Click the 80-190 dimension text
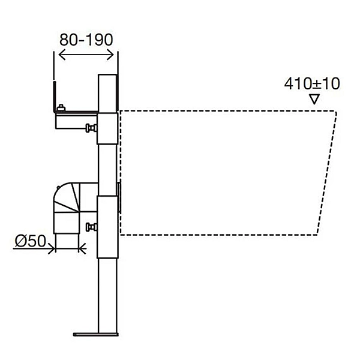click(x=86, y=40)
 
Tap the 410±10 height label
click(x=312, y=83)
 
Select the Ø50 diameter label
click(x=31, y=241)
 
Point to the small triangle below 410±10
click(x=314, y=99)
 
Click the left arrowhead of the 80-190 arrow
click(x=62, y=55)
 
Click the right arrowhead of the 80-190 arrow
click(x=110, y=55)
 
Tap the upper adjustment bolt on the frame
click(x=91, y=128)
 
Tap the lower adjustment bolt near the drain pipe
click(x=91, y=227)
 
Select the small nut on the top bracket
click(x=61, y=107)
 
